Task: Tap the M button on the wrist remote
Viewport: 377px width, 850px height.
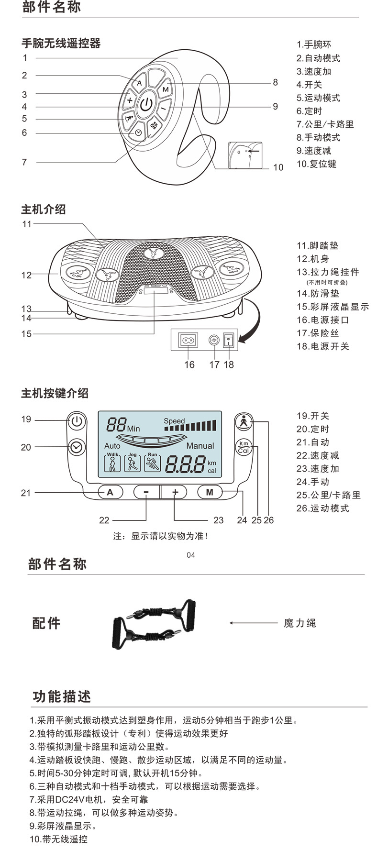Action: coord(166,89)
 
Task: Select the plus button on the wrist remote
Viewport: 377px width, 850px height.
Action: coord(130,100)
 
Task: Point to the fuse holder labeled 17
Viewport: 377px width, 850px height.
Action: coord(214,340)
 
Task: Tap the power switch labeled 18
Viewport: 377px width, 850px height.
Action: coord(229,340)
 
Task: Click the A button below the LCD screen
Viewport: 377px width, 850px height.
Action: coord(110,492)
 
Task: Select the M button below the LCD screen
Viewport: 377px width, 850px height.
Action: coord(210,492)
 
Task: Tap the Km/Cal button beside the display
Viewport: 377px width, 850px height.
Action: coord(244,447)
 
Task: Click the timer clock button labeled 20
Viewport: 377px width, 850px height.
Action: coord(76,447)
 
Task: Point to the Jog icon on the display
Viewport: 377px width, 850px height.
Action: coord(133,463)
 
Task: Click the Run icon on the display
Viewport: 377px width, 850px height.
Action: coord(153,463)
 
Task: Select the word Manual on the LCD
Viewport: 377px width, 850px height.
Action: coord(200,446)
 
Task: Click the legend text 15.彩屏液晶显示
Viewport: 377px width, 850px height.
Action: coord(333,307)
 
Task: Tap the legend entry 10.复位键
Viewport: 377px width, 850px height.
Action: coord(316,164)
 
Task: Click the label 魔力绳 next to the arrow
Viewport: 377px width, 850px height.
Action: coord(299,623)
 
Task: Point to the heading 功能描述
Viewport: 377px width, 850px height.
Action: coord(62,696)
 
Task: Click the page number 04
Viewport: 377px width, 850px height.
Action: coord(191,555)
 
